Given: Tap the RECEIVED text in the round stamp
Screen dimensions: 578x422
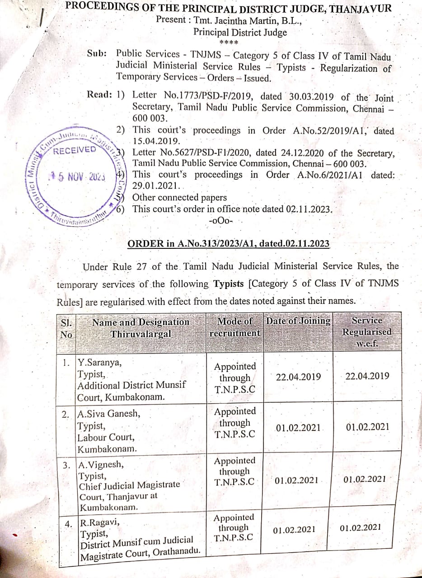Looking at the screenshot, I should pyautogui.click(x=75, y=150).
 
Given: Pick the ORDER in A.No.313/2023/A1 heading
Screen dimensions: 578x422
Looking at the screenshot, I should pyautogui.click(x=228, y=244).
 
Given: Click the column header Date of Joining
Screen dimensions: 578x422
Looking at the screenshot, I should pyautogui.click(x=298, y=321).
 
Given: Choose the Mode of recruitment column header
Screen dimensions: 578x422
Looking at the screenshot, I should pyautogui.click(x=235, y=327).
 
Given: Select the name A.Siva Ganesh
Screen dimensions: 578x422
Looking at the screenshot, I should pyautogui.click(x=108, y=414).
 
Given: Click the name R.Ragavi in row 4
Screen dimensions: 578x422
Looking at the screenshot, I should pyautogui.click(x=100, y=523).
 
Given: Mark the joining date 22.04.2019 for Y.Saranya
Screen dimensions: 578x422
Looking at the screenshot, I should pyautogui.click(x=298, y=377).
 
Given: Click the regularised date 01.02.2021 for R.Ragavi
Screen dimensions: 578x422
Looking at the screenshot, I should pyautogui.click(x=360, y=527).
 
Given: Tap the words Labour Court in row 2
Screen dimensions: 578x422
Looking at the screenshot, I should pyautogui.click(x=106, y=438).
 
